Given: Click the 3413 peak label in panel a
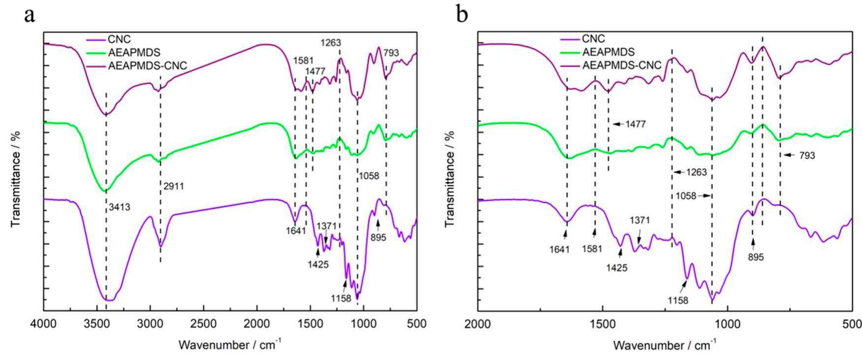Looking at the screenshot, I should [119, 207].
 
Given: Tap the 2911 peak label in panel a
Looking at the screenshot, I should [173, 186].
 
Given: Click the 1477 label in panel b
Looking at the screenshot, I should [636, 124].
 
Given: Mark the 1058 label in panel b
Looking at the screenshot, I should [686, 196].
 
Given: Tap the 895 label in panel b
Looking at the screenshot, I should [755, 257].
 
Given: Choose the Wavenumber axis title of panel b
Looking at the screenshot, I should [664, 344].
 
